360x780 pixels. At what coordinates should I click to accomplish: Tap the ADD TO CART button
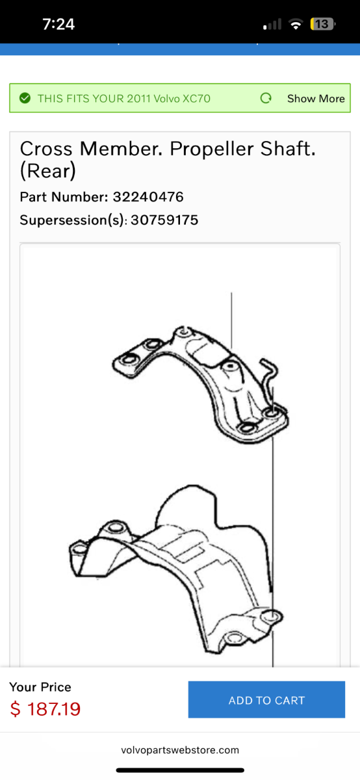tap(266, 700)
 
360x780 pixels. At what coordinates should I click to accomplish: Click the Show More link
tap(316, 99)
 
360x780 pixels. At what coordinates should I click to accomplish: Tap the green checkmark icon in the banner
tap(25, 98)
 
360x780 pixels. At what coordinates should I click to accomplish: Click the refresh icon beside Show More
tap(266, 98)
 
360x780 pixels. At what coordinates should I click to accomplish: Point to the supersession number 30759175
tap(164, 220)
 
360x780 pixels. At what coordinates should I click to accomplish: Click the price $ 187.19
tap(45, 708)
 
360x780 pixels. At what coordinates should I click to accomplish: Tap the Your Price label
tap(40, 687)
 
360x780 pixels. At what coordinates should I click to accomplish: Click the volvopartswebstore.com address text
tap(180, 750)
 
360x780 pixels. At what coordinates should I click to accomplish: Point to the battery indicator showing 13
tap(323, 25)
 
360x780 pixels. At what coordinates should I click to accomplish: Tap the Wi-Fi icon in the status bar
tap(296, 25)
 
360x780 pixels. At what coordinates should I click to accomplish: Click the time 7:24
tap(58, 25)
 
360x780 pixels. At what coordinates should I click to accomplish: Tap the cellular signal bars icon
tap(272, 25)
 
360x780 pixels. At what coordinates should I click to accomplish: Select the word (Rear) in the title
tap(48, 171)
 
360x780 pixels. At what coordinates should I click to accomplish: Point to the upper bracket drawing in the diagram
tap(201, 383)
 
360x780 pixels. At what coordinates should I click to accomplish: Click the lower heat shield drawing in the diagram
tap(175, 572)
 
